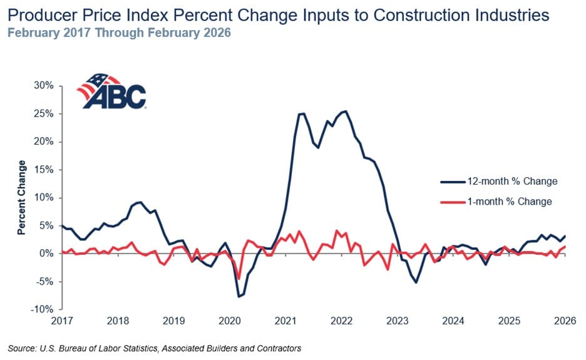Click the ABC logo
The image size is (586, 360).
(x=111, y=92)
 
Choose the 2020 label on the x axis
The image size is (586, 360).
(x=229, y=321)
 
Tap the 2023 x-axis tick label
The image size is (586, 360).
(x=397, y=321)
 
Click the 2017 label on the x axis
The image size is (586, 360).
(x=62, y=321)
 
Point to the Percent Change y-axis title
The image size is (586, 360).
(x=22, y=197)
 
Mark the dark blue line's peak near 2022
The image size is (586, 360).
(x=346, y=111)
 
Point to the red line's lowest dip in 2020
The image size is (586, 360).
(x=239, y=279)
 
